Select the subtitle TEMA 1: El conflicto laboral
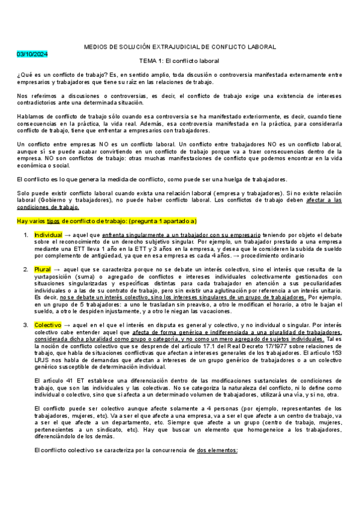(179, 61)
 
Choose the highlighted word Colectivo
(48, 324)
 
